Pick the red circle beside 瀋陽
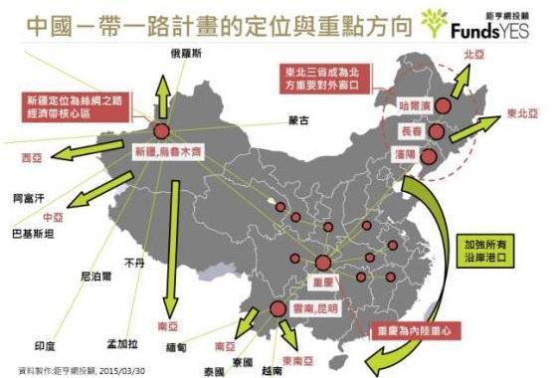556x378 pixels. click(x=430, y=156)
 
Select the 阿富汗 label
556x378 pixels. click(x=29, y=198)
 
